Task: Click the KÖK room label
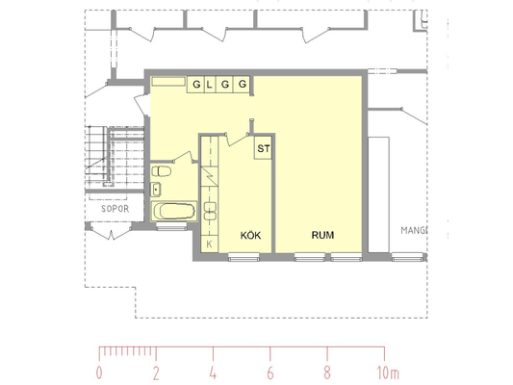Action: click(x=250, y=235)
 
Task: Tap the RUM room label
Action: click(x=322, y=235)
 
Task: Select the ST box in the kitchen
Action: click(x=263, y=148)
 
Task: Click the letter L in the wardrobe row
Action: click(x=210, y=85)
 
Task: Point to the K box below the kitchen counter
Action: click(x=210, y=244)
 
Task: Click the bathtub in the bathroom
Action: click(x=174, y=211)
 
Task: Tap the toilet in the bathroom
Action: click(x=161, y=171)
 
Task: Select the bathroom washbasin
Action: click(x=156, y=190)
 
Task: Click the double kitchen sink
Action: click(x=210, y=211)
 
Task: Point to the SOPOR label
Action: click(x=115, y=209)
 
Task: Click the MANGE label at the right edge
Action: click(x=414, y=230)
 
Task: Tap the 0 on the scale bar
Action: click(x=99, y=372)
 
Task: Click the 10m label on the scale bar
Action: click(x=388, y=372)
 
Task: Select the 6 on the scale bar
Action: click(x=270, y=372)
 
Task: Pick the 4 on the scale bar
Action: click(x=213, y=372)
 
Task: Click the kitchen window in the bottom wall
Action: click(x=244, y=257)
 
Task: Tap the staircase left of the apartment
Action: click(x=115, y=156)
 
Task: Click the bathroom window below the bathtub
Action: click(x=171, y=226)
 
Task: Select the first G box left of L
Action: click(x=196, y=85)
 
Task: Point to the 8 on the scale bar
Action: click(x=327, y=372)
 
